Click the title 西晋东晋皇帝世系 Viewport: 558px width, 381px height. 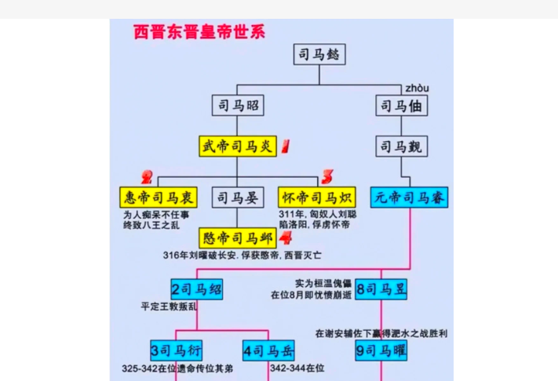point(199,32)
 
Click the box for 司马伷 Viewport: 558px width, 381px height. point(403,106)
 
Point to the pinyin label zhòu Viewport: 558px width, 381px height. point(417,87)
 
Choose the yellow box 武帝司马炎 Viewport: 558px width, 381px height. point(238,146)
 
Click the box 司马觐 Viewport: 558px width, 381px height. point(403,146)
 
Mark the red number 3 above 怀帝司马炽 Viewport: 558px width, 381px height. point(327,176)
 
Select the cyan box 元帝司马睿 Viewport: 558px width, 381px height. point(410,197)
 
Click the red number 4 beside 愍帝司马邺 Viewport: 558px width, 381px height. point(286,237)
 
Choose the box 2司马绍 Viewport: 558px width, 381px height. point(197,289)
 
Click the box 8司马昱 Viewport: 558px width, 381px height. point(381,289)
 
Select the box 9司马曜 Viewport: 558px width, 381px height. point(381,350)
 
